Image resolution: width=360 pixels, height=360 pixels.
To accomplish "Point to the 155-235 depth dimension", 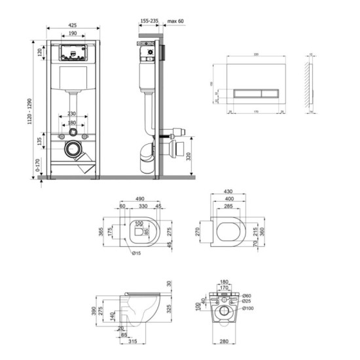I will (150, 22).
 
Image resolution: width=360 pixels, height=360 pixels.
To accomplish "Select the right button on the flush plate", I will (268, 94).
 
